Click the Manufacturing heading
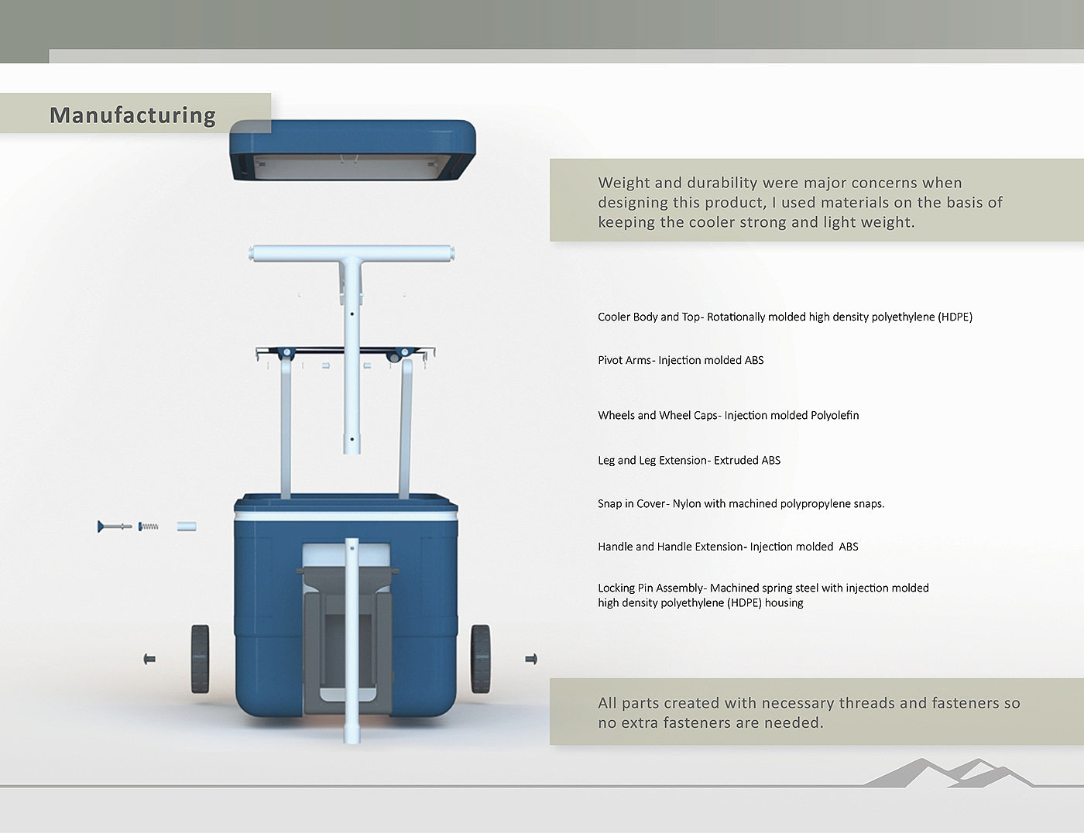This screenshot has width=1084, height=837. coord(132,115)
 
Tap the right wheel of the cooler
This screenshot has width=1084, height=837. coord(480,658)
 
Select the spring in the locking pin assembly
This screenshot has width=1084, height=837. coord(149,527)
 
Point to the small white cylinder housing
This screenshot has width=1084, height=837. coord(186,527)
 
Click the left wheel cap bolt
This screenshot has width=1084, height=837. coord(150,659)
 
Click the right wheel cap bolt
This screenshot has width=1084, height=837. coord(531,659)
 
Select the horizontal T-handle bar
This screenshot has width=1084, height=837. coord(352,253)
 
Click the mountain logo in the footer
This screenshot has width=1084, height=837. coord(948,773)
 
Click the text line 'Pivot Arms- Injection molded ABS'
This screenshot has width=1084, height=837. coord(681,360)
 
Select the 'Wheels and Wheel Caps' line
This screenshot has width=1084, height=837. coord(728,415)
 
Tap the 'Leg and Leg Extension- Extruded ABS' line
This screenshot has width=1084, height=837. coord(689,460)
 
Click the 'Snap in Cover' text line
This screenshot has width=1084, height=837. coord(741,503)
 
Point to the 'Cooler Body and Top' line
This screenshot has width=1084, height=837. coord(784,317)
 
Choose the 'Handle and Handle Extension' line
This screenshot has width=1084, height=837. coord(728,547)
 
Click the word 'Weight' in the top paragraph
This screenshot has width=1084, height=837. coord(623,183)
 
